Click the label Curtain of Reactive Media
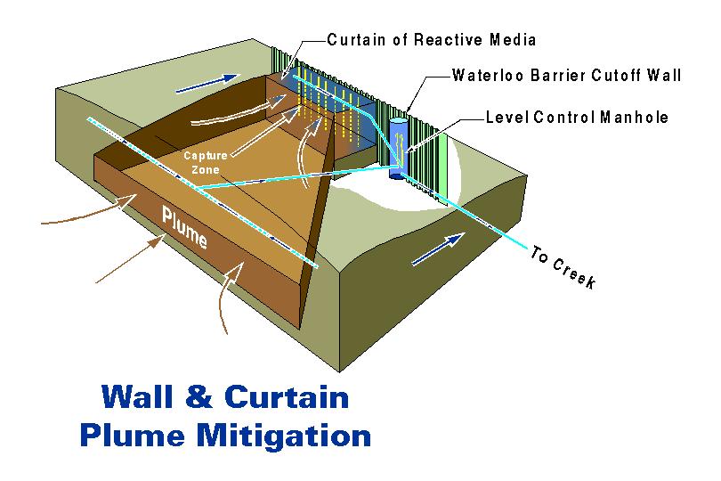tap(432, 40)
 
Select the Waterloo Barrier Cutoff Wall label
tap(567, 77)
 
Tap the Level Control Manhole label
tap(577, 117)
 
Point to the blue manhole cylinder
tap(398, 146)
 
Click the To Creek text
tap(562, 266)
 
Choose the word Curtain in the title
tap(300, 396)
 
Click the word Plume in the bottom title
tap(134, 436)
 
